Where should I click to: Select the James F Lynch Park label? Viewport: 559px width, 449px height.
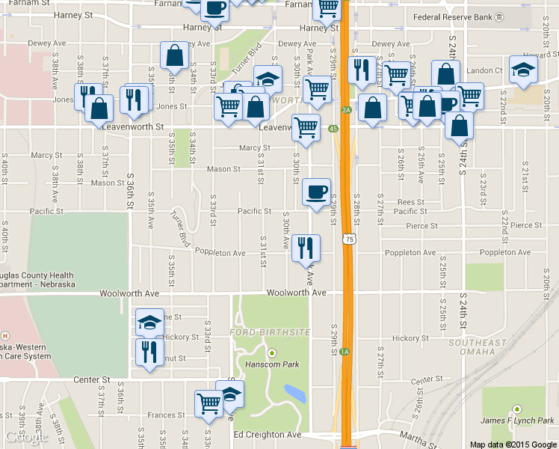point(517,421)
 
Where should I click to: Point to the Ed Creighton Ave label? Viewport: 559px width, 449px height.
point(267,435)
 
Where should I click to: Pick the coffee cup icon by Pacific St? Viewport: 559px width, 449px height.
point(317,191)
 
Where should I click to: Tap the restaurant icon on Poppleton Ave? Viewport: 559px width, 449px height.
point(305,247)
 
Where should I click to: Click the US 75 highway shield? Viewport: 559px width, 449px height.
point(348,239)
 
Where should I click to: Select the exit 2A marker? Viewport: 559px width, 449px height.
point(346,110)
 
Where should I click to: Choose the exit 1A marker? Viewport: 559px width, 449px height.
point(345,352)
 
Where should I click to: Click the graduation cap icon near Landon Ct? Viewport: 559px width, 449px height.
point(522,70)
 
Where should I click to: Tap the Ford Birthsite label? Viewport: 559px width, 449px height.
point(271,332)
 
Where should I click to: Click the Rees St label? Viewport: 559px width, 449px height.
point(411,202)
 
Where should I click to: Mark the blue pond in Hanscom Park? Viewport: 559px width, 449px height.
point(294,394)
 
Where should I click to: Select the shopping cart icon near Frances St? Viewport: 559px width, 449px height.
point(209,403)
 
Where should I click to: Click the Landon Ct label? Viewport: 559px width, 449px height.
point(484,70)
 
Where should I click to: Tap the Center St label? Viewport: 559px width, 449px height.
point(92,380)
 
